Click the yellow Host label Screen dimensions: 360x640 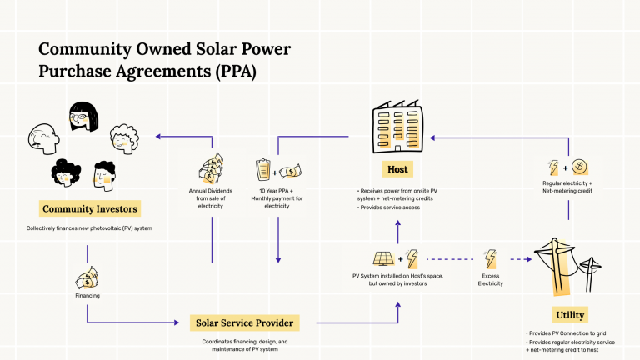[x=397, y=169]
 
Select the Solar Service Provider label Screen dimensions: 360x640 [x=244, y=322]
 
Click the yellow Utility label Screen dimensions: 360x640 [x=569, y=314]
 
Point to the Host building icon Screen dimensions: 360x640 [x=397, y=128]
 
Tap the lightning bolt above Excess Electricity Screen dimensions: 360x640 [x=492, y=258]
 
